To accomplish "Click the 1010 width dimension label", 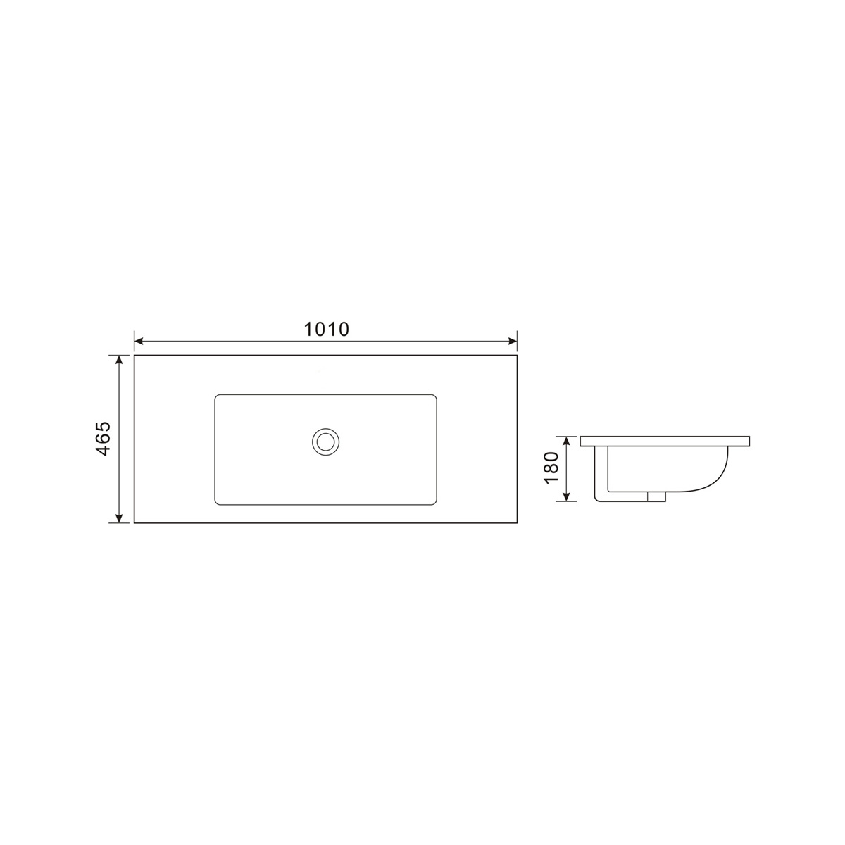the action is tap(326, 330).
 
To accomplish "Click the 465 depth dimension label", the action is tap(103, 439).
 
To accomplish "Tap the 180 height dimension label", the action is tap(551, 468).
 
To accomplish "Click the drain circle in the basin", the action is tap(325, 441).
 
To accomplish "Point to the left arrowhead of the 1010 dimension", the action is tap(139, 341).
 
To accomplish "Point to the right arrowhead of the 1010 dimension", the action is tap(513, 341).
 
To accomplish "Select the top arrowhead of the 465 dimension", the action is tap(118, 360).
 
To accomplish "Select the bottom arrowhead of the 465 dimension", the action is tap(118, 518).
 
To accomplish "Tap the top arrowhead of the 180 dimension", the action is tap(567, 441).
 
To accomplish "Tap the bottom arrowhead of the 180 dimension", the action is tap(567, 496).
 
